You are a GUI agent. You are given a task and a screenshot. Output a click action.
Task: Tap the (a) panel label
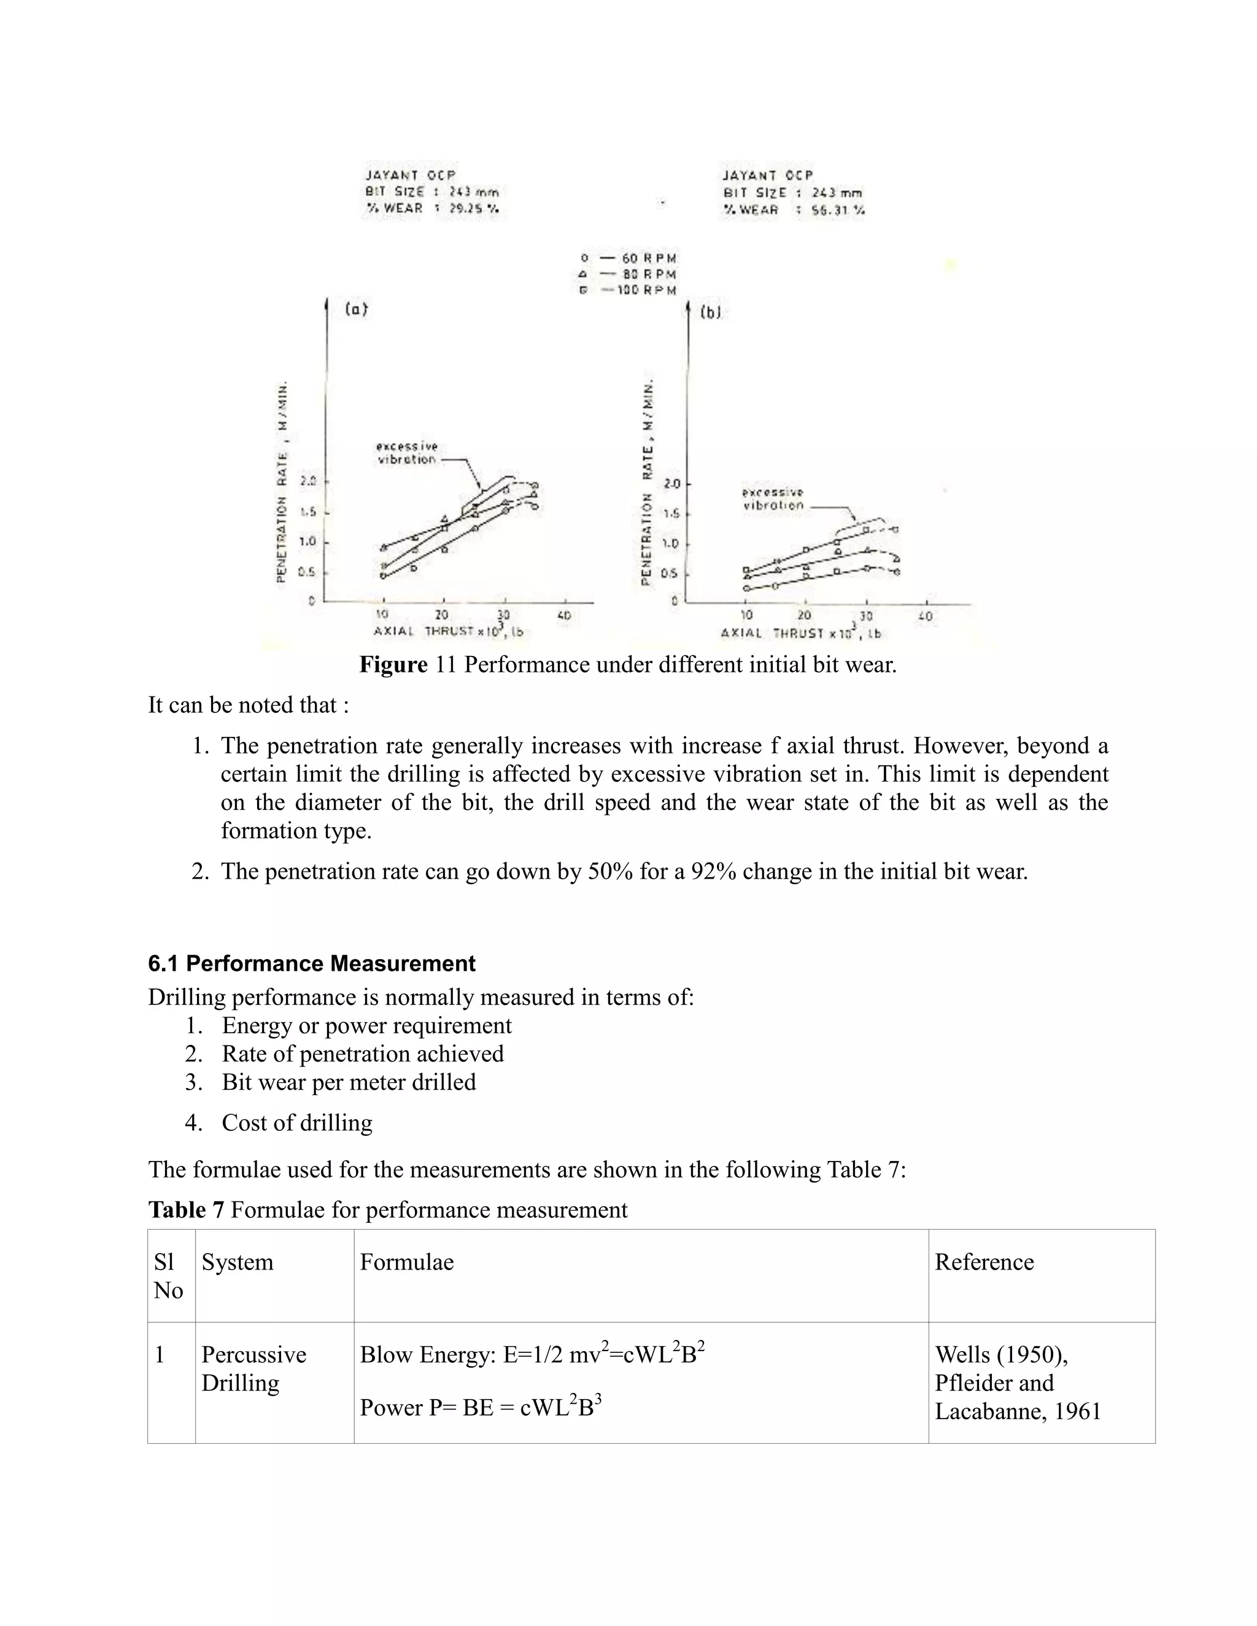[356, 310]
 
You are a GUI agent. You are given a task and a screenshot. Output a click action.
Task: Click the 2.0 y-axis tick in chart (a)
[307, 481]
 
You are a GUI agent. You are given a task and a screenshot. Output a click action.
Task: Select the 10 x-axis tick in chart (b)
[746, 615]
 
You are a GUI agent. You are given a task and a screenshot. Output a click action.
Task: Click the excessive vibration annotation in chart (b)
[773, 499]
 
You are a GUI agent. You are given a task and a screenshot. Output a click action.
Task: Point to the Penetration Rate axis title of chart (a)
[282, 484]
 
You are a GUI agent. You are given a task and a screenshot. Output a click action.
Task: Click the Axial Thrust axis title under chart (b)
[800, 634]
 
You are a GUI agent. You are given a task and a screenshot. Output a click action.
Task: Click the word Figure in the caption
[393, 665]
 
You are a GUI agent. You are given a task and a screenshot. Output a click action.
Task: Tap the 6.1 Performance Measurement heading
[311, 963]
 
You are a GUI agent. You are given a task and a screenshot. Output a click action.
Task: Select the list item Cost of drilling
[296, 1123]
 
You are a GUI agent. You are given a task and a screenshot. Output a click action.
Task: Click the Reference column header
[984, 1262]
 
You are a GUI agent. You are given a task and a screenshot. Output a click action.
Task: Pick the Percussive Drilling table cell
[253, 1368]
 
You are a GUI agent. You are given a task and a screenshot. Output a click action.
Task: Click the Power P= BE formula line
[481, 1407]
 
